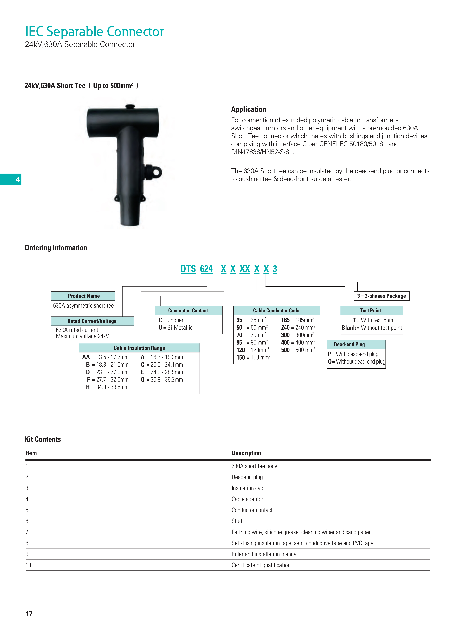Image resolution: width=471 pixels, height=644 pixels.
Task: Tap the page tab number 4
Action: click(18, 179)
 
